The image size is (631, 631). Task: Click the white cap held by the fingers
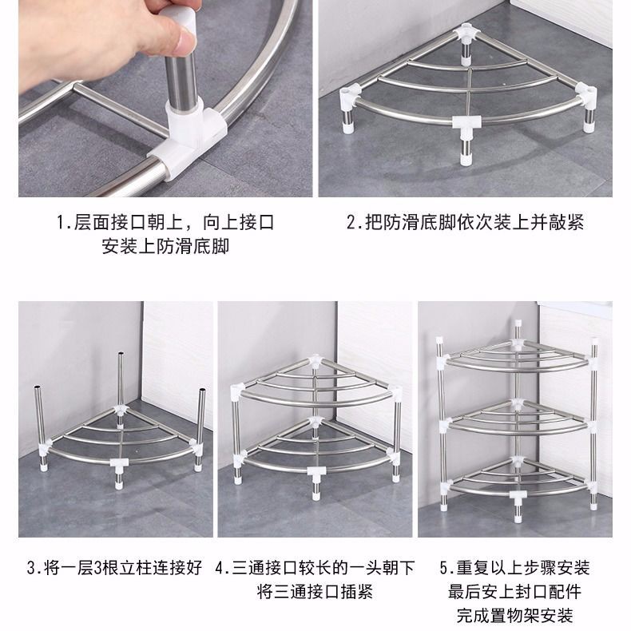(x=180, y=30)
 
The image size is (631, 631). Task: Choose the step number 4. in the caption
(x=224, y=569)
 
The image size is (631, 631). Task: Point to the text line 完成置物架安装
(x=514, y=615)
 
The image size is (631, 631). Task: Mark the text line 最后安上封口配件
(x=514, y=592)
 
